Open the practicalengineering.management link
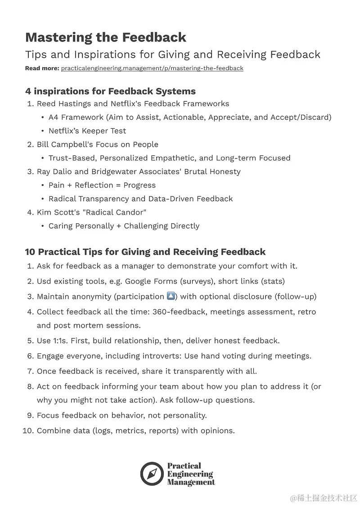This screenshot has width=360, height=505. click(x=152, y=68)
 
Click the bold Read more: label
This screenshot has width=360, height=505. click(x=42, y=68)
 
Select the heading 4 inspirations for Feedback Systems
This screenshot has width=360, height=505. click(x=110, y=91)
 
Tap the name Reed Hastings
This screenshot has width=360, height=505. click(x=65, y=104)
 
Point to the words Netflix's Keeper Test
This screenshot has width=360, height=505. click(x=87, y=131)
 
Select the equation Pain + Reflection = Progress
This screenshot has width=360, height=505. click(x=102, y=185)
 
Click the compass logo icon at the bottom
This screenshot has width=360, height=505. click(x=151, y=473)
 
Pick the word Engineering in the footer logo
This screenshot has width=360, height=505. click(x=190, y=474)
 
